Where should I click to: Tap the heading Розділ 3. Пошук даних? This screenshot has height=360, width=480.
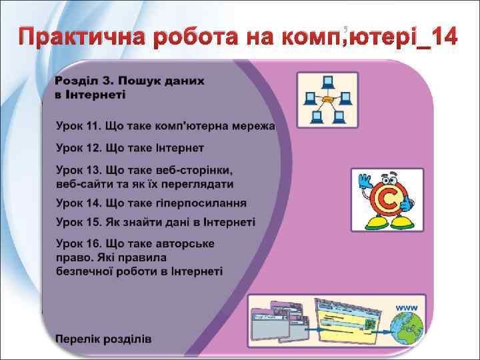(x=129, y=80)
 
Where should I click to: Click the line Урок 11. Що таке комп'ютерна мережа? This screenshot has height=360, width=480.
(x=165, y=125)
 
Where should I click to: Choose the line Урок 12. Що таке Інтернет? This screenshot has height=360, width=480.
(x=129, y=147)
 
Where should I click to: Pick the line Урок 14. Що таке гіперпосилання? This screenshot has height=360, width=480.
(x=151, y=203)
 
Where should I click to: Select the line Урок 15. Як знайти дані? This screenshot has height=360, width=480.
(x=155, y=222)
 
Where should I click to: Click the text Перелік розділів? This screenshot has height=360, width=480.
(x=103, y=339)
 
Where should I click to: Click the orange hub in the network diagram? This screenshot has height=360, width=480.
(x=328, y=101)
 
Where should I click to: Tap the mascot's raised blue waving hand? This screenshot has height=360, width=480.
(x=364, y=182)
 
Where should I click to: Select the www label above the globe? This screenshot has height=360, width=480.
(x=407, y=307)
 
